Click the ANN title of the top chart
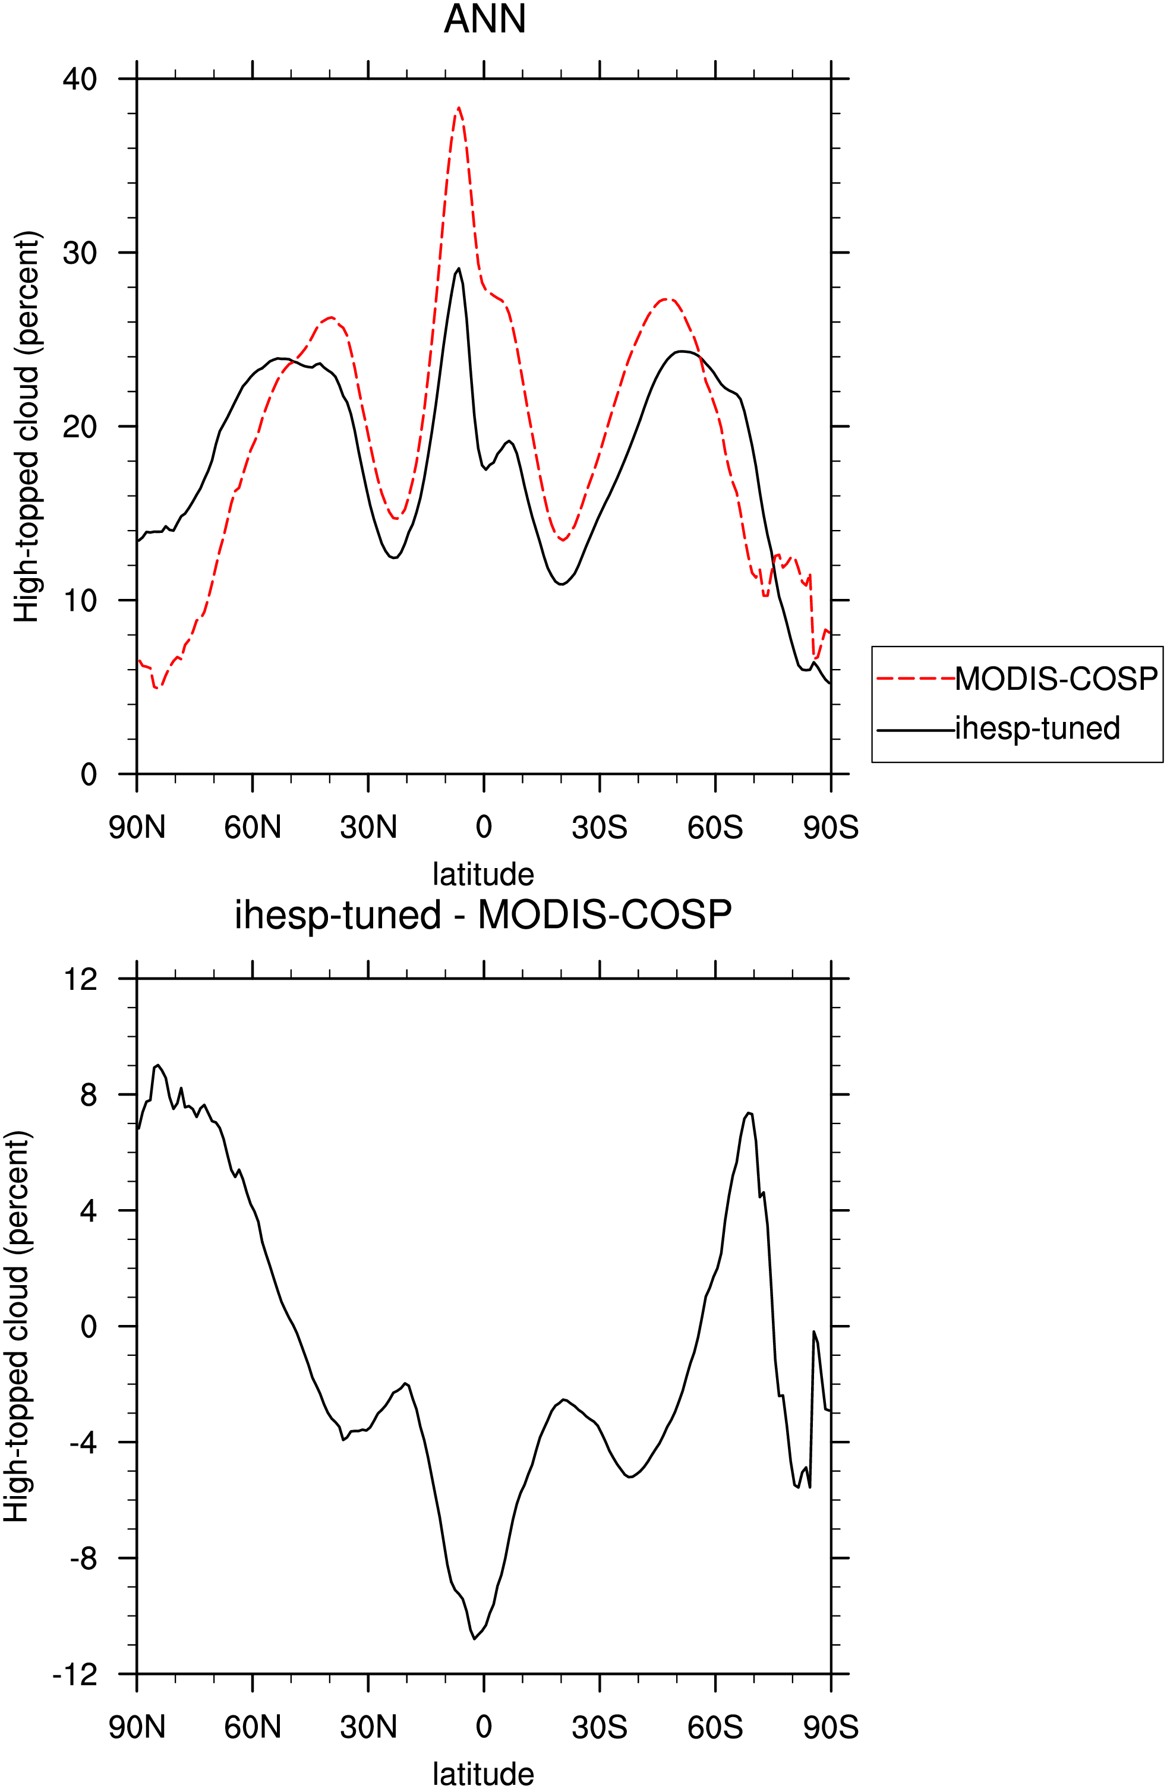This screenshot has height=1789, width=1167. [x=484, y=19]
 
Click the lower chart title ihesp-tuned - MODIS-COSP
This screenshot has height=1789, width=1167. [x=484, y=915]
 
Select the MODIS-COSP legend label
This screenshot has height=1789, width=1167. [x=1056, y=679]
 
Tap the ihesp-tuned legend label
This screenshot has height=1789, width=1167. [x=1037, y=728]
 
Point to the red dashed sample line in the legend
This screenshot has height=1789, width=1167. [x=916, y=679]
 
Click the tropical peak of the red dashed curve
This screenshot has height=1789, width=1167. [x=458, y=108]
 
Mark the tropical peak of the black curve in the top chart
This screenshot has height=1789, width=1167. [x=459, y=269]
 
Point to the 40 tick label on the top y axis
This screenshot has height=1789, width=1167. [x=80, y=79]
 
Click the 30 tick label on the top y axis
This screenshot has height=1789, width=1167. [x=80, y=253]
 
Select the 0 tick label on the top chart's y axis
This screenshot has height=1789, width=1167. [x=89, y=774]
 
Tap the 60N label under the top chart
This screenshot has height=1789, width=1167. [x=253, y=828]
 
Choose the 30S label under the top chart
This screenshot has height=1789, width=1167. [x=600, y=828]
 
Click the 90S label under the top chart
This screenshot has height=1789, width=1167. [x=831, y=828]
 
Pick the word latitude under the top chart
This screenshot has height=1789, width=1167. [x=484, y=874]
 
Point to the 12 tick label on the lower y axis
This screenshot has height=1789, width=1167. [x=80, y=979]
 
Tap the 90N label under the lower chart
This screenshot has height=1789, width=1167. [x=137, y=1727]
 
